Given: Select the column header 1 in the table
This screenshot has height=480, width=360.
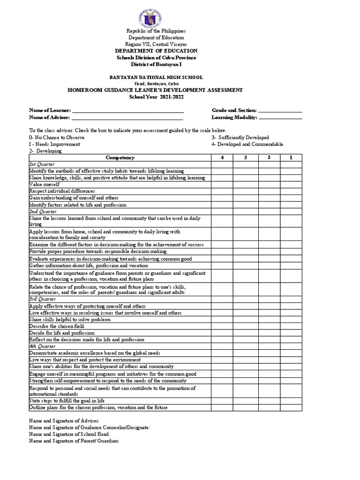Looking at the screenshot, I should point(291,157).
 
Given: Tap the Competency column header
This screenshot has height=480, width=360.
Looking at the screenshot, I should point(120,157).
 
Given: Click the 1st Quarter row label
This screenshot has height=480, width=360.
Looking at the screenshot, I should point(42,165).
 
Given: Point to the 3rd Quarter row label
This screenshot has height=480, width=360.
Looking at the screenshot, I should point(42,299).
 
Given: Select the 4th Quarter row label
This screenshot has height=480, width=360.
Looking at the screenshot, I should point(42,346).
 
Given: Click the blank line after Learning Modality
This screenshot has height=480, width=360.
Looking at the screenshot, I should point(280,118).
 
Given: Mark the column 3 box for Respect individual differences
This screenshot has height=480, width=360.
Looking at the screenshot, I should point(246,191).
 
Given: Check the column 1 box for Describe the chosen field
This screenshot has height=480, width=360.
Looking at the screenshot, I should point(291,326).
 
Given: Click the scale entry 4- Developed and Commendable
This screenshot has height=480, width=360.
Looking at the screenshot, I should point(247,144).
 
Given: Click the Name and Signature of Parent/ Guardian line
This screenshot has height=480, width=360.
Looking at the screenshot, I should point(74,441).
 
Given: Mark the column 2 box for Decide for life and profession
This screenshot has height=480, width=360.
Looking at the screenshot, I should point(269,332).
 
